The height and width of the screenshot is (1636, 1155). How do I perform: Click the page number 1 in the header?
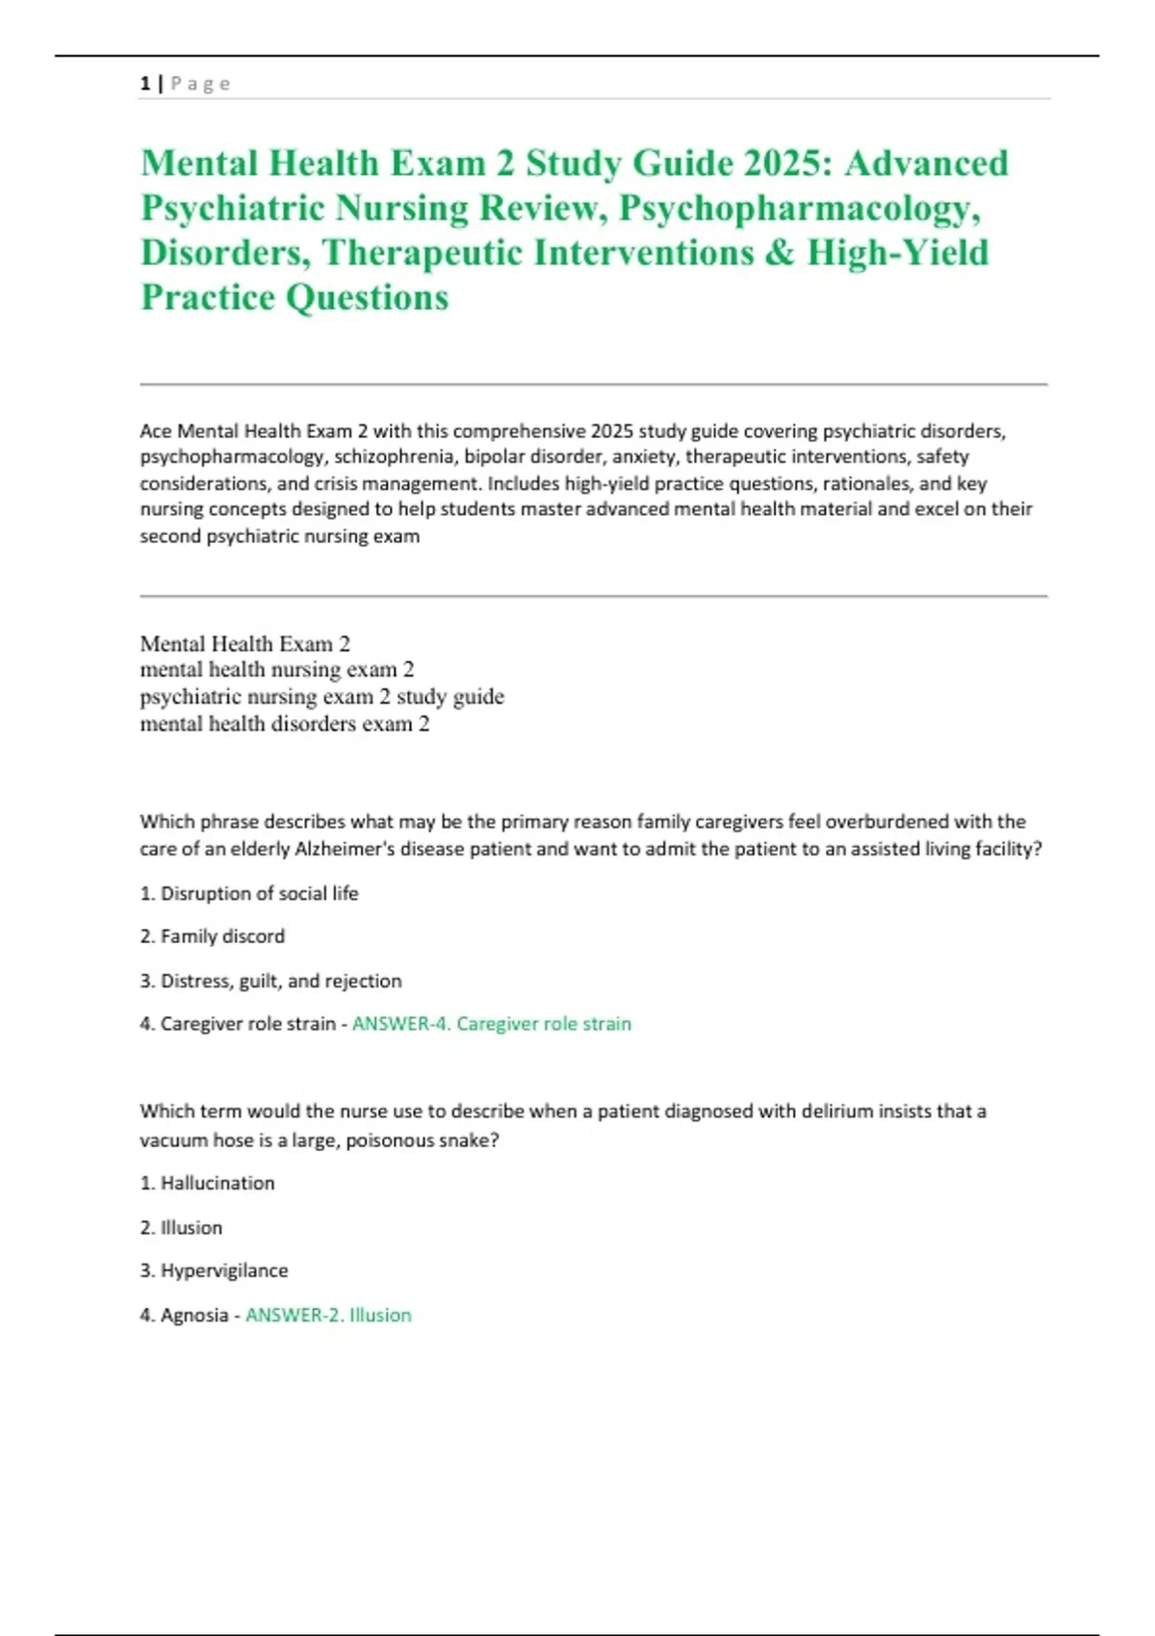pyautogui.click(x=144, y=84)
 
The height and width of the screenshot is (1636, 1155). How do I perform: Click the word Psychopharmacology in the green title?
pyautogui.click(x=799, y=208)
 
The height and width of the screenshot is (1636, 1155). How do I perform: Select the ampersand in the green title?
pyautogui.click(x=781, y=253)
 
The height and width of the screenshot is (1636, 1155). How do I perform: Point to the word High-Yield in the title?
pyautogui.click(x=898, y=253)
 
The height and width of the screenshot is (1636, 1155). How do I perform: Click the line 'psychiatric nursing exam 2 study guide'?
pyautogui.click(x=321, y=697)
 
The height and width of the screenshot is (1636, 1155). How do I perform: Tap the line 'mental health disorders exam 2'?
pyautogui.click(x=285, y=724)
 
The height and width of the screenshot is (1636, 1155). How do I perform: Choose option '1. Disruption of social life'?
pyautogui.click(x=248, y=894)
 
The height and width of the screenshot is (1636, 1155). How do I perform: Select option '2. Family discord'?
pyautogui.click(x=212, y=936)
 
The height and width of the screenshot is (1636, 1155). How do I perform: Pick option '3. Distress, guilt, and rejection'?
pyautogui.click(x=270, y=982)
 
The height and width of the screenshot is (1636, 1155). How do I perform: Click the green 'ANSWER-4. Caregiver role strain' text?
pyautogui.click(x=492, y=1024)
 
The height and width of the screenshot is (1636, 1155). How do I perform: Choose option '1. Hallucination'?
pyautogui.click(x=207, y=1184)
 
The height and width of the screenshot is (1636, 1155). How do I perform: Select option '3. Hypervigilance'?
pyautogui.click(x=214, y=1271)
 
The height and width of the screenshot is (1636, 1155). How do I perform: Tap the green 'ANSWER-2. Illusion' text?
pyautogui.click(x=328, y=1316)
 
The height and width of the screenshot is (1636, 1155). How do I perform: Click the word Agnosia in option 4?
pyautogui.click(x=194, y=1316)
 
